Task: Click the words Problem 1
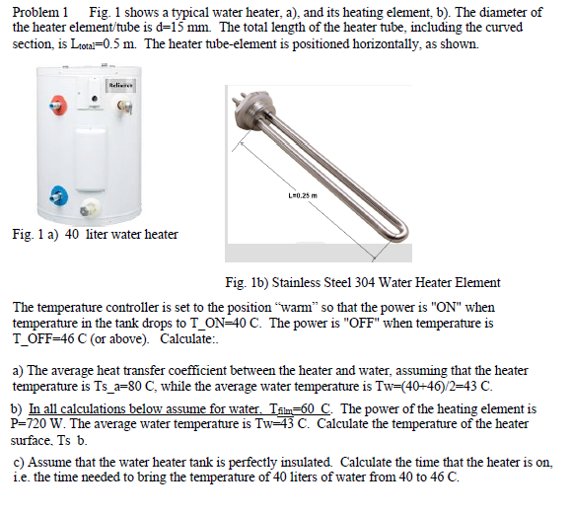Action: pyautogui.click(x=38, y=12)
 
